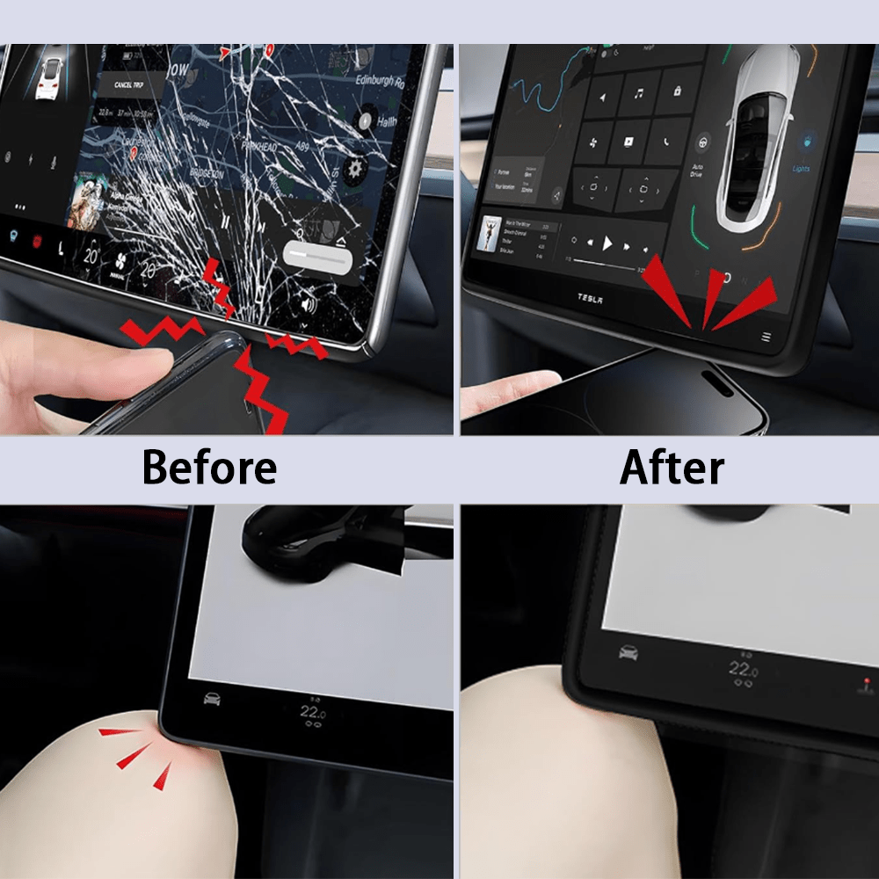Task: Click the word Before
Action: [209, 467]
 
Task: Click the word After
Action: [672, 467]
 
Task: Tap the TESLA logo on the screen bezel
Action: [590, 298]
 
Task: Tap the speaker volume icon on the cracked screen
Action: [309, 304]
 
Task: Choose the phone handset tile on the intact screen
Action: [667, 141]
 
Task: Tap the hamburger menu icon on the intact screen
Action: [766, 337]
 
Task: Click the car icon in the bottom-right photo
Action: [628, 653]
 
